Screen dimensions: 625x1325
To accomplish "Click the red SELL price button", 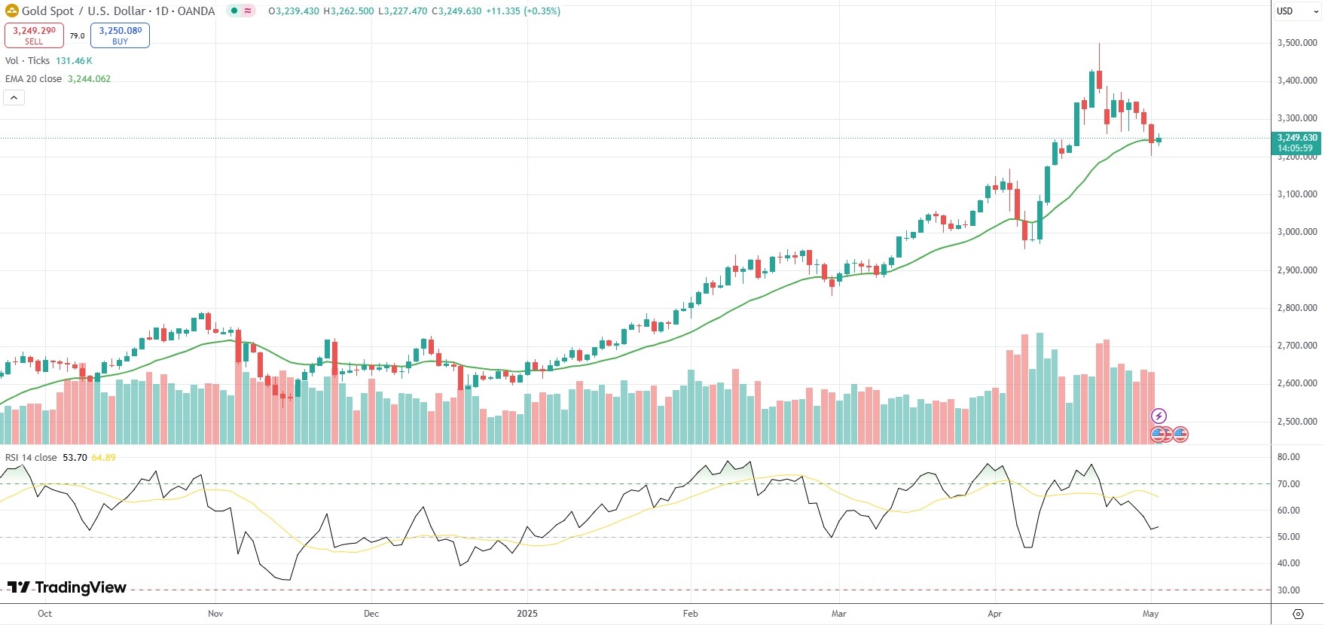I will pyautogui.click(x=34, y=35).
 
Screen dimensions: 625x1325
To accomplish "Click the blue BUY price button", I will pyautogui.click(x=120, y=35).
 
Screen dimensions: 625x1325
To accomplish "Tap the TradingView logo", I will pyautogui.click(x=67, y=587).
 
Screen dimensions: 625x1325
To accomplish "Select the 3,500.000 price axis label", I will pyautogui.click(x=1297, y=43).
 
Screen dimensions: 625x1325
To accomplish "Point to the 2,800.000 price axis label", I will pyautogui.click(x=1297, y=308).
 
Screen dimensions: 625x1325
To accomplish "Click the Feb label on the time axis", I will pyautogui.click(x=690, y=614).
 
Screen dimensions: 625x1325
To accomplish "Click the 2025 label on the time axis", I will pyautogui.click(x=527, y=614).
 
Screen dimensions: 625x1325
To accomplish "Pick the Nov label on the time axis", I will pyautogui.click(x=215, y=614).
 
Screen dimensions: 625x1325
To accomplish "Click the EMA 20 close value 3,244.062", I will pyautogui.click(x=89, y=79).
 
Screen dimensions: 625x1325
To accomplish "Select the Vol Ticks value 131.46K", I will pyautogui.click(x=74, y=61).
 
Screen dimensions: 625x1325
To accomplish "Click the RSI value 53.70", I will pyautogui.click(x=75, y=458).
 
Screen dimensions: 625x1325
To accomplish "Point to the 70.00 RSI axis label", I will pyautogui.click(x=1289, y=484).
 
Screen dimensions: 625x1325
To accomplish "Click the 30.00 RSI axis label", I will pyautogui.click(x=1289, y=590).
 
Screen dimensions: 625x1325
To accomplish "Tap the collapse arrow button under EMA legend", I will pyautogui.click(x=14, y=98).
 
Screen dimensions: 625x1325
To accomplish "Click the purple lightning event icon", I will pyautogui.click(x=1159, y=416).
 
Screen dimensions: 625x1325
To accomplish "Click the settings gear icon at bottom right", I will pyautogui.click(x=1297, y=614).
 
